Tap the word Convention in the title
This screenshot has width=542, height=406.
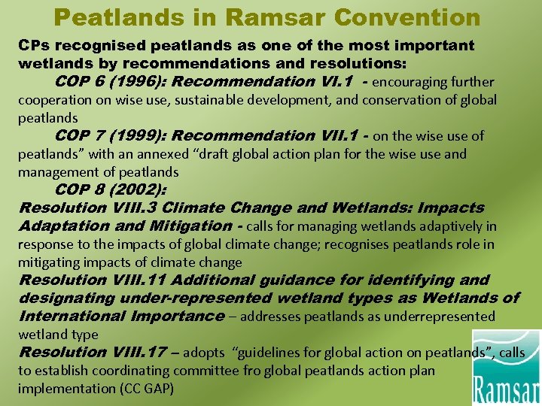[416, 16]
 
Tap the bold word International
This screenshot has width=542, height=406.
[70, 317]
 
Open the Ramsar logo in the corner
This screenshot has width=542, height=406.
[505, 368]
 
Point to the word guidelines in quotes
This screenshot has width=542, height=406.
[269, 353]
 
